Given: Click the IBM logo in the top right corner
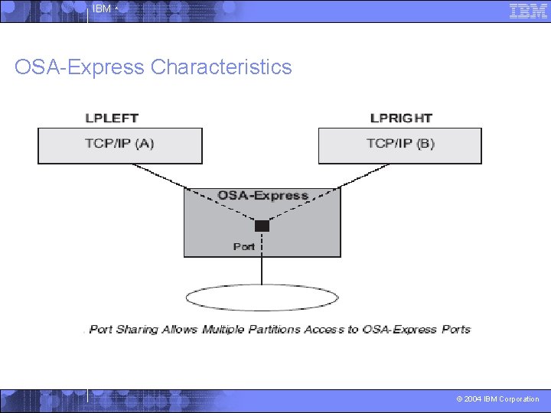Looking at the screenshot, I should pos(528,11).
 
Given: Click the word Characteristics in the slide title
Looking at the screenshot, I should pos(221,67).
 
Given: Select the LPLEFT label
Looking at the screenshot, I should pos(112,119).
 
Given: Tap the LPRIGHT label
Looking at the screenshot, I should pos(401,119).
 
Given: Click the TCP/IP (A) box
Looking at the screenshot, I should pos(120,145).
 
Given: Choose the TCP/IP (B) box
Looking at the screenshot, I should pos(400,145).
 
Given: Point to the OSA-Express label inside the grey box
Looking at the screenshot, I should pos(262,195).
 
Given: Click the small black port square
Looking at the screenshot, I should pos(262,225).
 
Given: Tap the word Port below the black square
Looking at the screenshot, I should pos(244,246).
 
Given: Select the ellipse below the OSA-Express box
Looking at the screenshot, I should pos(262,298).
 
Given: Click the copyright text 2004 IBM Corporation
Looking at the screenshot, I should pos(497,399).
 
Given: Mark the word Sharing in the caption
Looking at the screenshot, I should pos(138,330).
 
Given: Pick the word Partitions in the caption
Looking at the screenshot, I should pos(287,330).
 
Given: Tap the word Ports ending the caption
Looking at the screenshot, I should pos(455,330).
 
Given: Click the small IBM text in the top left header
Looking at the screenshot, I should pos(101,9).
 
